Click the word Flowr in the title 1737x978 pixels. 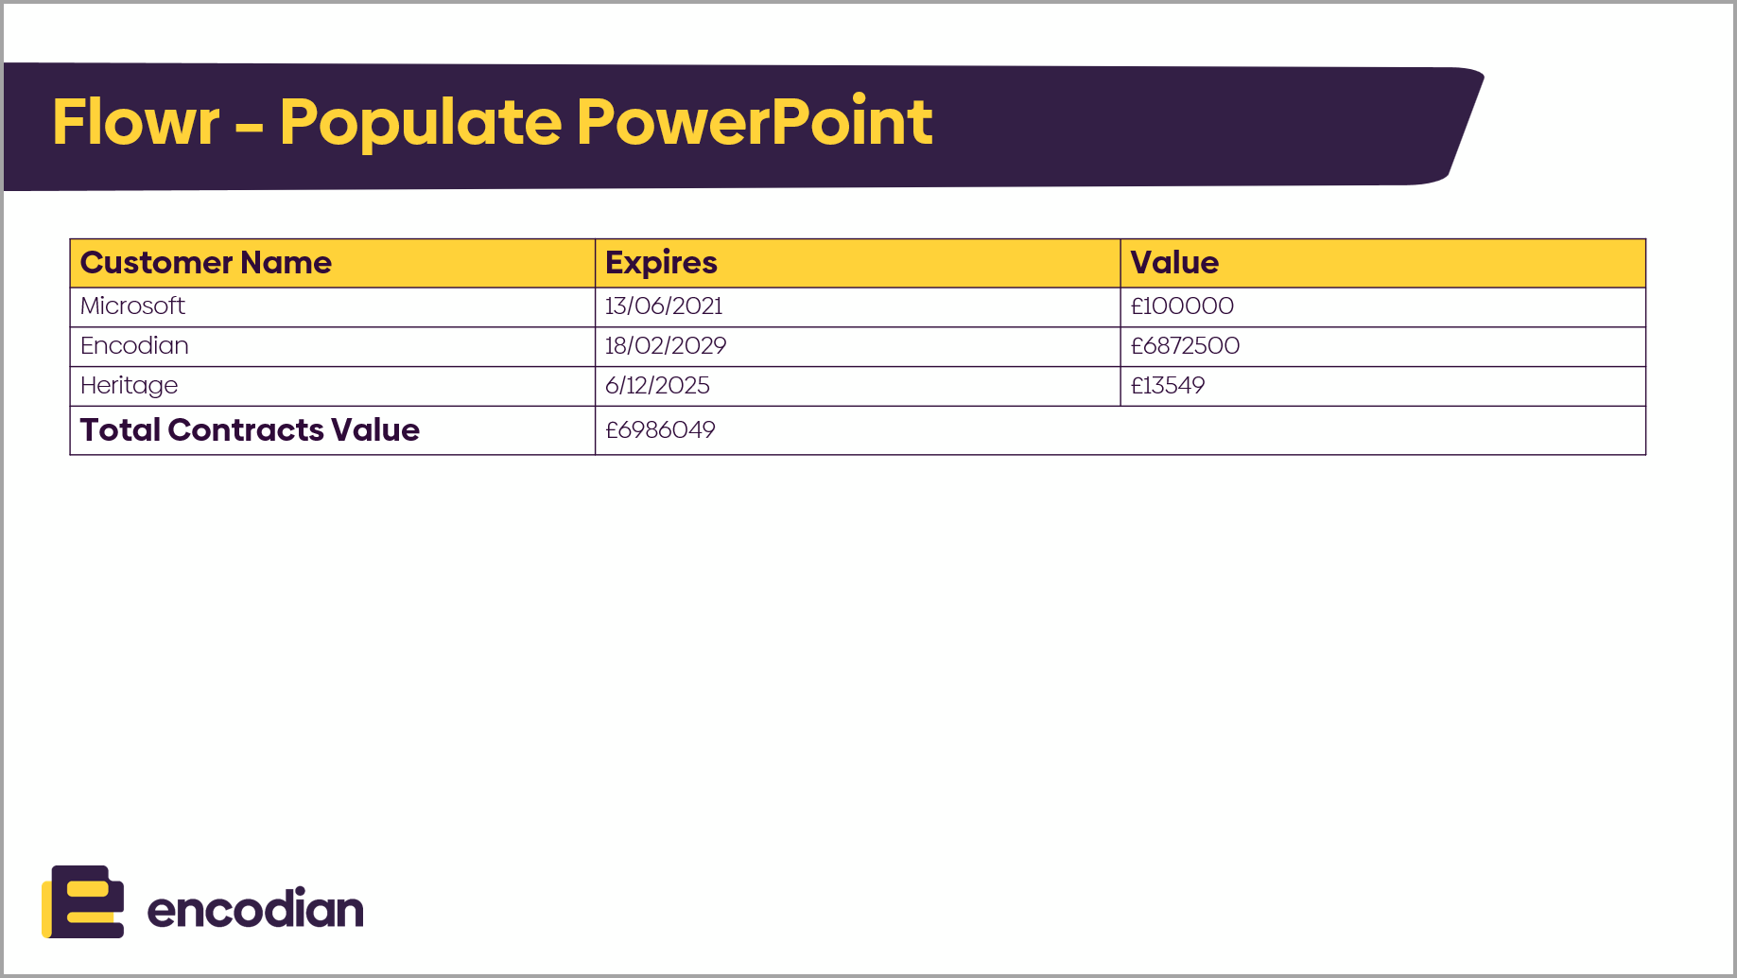pos(135,122)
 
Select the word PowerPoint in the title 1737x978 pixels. pos(755,122)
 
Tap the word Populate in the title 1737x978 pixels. pos(420,124)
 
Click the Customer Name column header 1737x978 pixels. pos(205,262)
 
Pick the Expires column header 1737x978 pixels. pos(661,263)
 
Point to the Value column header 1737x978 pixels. pos(1174,262)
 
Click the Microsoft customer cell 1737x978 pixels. pos(132,306)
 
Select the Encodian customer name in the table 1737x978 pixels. pos(134,345)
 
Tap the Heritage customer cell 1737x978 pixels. pos(129,386)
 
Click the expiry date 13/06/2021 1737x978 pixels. pos(664,306)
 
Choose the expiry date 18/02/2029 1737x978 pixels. pos(666,345)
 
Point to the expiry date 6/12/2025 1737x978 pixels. pos(657,385)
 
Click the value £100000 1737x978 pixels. pos(1182,306)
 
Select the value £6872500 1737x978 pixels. pos(1185,345)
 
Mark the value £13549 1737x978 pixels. pos(1168,385)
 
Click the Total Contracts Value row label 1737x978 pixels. pos(250,429)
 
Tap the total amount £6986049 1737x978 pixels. pos(660,429)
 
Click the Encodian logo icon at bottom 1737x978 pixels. pos(83,901)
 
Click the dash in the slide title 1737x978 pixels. pos(249,127)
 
